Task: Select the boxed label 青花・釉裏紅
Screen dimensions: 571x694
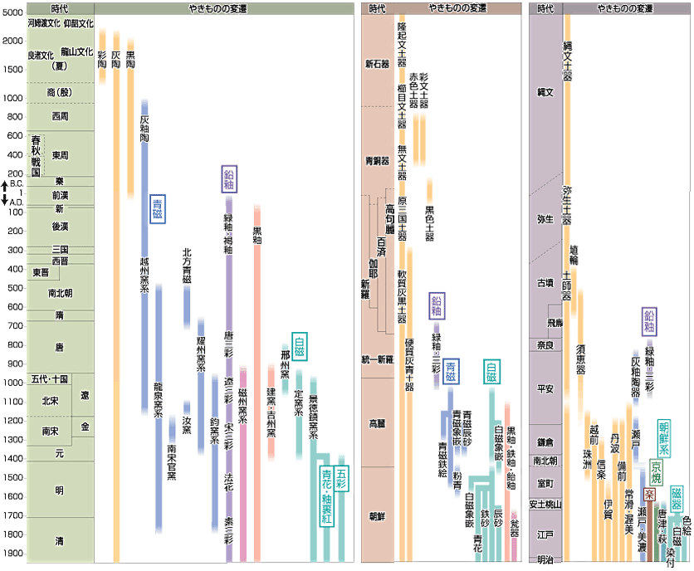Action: [x=325, y=495]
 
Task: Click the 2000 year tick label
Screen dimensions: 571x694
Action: [x=12, y=41]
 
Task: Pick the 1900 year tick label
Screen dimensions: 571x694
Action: [x=12, y=554]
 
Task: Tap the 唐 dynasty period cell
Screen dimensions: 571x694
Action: [x=60, y=346]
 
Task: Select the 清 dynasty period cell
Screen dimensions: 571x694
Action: [x=60, y=541]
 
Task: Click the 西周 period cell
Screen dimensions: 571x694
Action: [x=60, y=116]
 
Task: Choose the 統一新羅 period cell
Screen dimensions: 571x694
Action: [x=378, y=359]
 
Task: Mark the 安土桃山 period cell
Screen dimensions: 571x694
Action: [x=545, y=504]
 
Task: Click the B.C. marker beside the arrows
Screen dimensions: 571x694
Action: [x=16, y=183]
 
